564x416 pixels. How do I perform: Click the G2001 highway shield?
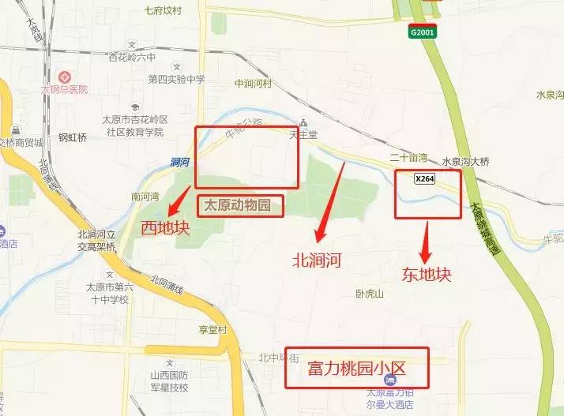click(421, 32)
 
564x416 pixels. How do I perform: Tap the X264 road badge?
click(424, 179)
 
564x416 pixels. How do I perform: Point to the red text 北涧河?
click(316, 259)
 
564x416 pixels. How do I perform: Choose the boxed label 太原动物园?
click(238, 206)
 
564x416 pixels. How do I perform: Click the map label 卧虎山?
click(369, 294)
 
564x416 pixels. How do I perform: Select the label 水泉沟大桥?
click(465, 162)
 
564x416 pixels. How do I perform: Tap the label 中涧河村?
click(253, 83)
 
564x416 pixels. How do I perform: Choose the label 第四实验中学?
click(176, 80)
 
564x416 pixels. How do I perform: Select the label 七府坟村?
click(163, 11)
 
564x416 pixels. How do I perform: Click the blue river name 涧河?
click(179, 162)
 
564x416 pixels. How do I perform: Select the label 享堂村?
click(212, 330)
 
